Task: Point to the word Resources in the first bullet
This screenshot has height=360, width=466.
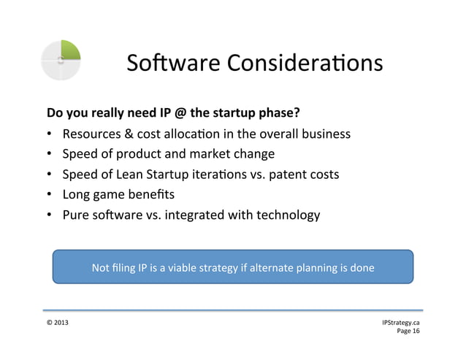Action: (x=92, y=134)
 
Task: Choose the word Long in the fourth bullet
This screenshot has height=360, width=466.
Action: (x=77, y=195)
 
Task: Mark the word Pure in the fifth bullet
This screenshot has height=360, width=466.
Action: (x=76, y=215)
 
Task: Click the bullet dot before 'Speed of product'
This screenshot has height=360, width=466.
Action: (x=50, y=155)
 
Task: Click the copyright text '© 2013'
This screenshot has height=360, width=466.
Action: (x=58, y=322)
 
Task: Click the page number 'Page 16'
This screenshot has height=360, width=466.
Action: (x=408, y=332)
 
